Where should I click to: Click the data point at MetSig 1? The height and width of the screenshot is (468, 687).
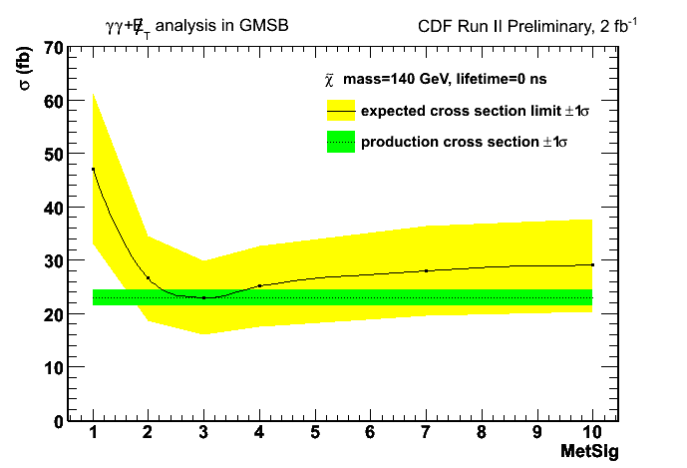tap(93, 170)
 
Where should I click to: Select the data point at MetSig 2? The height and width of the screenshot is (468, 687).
tap(148, 278)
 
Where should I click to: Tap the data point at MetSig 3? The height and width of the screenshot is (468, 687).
tap(203, 297)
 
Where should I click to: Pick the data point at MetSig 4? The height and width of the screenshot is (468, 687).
tap(259, 285)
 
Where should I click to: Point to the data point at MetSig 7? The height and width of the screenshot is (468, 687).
tap(426, 270)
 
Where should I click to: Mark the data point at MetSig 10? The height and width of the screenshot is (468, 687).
tap(592, 264)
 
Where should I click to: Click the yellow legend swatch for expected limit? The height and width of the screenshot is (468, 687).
tap(341, 110)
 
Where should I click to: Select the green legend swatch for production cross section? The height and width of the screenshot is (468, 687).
tap(341, 143)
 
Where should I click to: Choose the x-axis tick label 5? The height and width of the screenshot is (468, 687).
tap(314, 433)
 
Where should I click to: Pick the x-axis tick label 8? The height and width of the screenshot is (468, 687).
tap(482, 433)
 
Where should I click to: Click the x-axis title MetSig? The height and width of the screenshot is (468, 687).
tap(590, 452)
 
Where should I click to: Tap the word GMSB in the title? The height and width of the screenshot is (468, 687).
tap(262, 25)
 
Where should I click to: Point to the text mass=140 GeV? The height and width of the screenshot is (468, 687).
tap(400, 78)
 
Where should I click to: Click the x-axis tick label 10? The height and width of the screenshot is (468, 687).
tap(592, 433)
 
